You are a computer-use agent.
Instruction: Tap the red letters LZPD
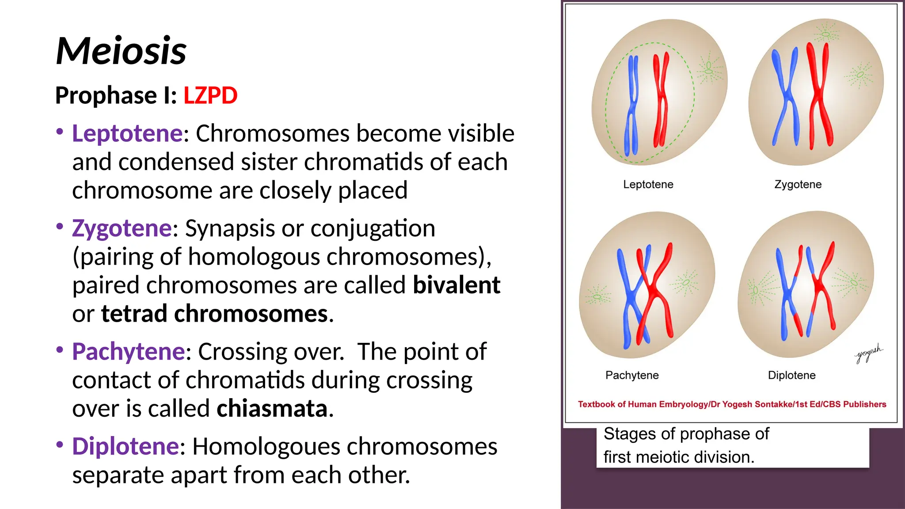click(210, 95)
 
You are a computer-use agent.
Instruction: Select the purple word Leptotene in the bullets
click(127, 133)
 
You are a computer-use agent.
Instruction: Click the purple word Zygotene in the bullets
click(122, 228)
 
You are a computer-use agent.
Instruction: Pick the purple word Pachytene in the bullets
click(129, 352)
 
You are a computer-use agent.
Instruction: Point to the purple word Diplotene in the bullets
click(125, 446)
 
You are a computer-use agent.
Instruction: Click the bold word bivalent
click(456, 285)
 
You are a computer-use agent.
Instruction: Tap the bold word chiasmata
click(272, 408)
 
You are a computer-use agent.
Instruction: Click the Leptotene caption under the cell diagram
click(648, 185)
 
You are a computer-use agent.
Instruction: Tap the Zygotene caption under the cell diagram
click(798, 185)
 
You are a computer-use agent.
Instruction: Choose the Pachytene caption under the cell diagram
click(632, 375)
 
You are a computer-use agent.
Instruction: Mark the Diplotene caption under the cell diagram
click(791, 375)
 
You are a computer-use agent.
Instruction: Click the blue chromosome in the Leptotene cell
click(632, 106)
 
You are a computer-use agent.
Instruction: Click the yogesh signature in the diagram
click(868, 353)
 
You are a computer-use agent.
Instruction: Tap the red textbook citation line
click(732, 404)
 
